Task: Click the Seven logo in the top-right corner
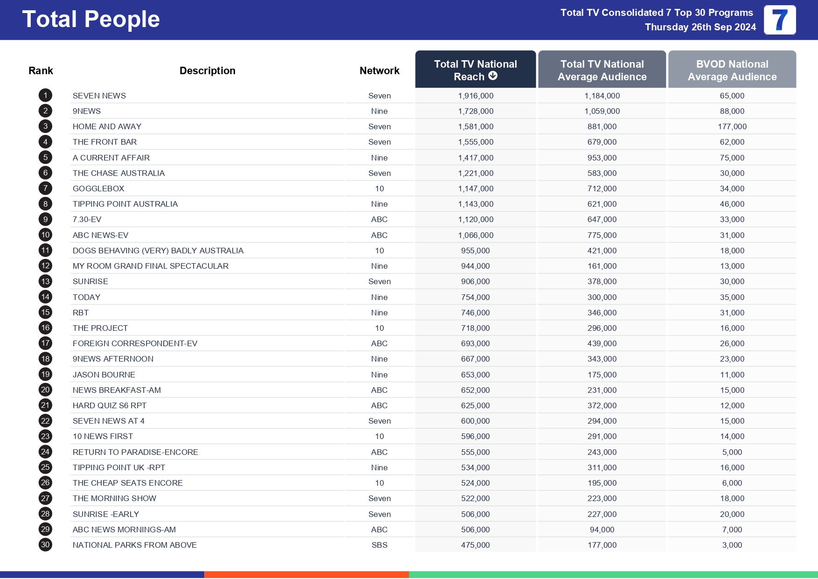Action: coord(779,20)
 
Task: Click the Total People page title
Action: coord(91,20)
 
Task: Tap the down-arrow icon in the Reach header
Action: coord(493,76)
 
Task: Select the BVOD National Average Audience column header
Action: coord(732,70)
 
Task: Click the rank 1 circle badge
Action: coord(45,96)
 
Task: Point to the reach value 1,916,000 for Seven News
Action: coord(475,96)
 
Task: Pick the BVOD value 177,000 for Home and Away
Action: coord(732,126)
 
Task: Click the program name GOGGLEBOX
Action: coord(98,188)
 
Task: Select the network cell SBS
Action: coord(379,545)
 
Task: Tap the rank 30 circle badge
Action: coord(45,545)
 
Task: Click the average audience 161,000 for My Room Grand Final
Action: coord(602,266)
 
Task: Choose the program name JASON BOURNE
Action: coord(104,375)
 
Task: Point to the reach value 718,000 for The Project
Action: coord(475,328)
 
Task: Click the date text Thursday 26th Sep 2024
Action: coord(700,27)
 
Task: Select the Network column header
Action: coord(379,70)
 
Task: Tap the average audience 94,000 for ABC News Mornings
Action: coord(602,530)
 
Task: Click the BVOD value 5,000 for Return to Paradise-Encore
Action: coord(732,452)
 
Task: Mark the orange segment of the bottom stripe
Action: coord(306,575)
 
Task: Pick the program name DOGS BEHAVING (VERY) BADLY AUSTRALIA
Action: coord(158,251)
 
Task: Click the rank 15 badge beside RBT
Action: coord(45,313)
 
